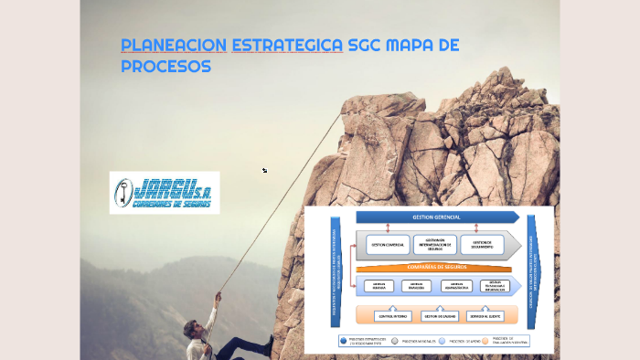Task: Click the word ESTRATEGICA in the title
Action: tap(287, 45)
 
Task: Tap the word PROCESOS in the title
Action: tap(165, 67)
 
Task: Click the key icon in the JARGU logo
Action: tap(123, 192)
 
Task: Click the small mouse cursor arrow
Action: tap(264, 170)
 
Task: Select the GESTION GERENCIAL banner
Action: tap(436, 217)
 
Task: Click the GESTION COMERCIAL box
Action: tap(388, 245)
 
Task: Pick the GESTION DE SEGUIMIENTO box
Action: tap(483, 245)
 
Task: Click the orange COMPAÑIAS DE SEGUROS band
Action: tap(436, 267)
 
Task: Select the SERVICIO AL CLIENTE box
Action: tap(483, 316)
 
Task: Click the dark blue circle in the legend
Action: tap(343, 340)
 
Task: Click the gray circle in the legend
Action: tap(394, 340)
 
